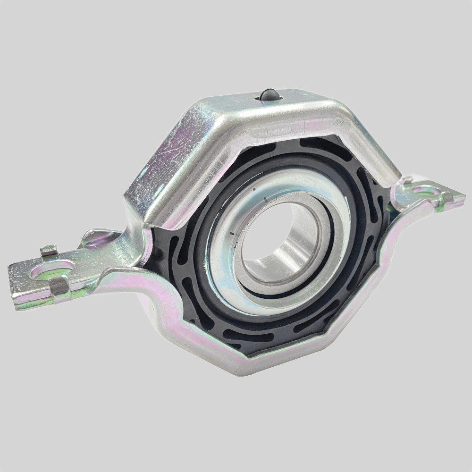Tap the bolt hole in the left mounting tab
point(52,270)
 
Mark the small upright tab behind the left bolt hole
point(49,250)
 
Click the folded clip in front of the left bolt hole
point(59,287)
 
